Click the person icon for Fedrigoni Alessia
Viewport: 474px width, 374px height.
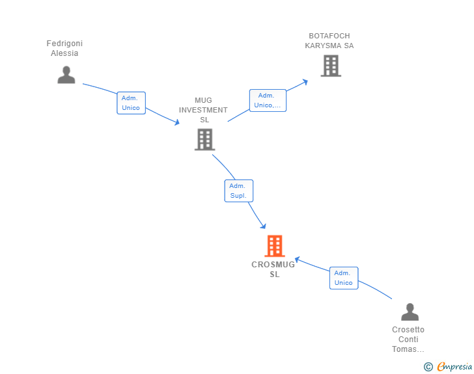click(x=66, y=75)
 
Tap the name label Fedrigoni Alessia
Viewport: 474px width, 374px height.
click(x=64, y=49)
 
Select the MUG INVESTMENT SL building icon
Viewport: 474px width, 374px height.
click(x=204, y=139)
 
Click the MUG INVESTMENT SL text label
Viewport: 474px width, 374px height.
click(x=203, y=110)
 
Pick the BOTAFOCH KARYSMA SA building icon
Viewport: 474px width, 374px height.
click(x=331, y=66)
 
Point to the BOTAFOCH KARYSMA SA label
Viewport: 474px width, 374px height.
click(x=329, y=41)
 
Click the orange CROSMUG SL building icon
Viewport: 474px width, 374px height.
click(x=275, y=246)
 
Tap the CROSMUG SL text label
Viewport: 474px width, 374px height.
click(x=273, y=269)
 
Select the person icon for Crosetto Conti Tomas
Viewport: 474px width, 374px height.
click(x=410, y=312)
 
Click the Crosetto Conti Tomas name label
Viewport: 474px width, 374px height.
click(x=408, y=340)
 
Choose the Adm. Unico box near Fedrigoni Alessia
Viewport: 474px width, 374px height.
click(x=131, y=103)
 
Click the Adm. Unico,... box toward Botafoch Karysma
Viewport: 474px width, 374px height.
click(x=268, y=100)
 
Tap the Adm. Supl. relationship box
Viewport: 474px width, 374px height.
click(x=238, y=191)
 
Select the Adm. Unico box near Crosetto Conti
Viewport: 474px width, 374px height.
click(x=343, y=278)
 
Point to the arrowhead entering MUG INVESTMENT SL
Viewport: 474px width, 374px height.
click(x=176, y=122)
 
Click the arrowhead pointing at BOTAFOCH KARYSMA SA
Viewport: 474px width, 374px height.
click(x=305, y=82)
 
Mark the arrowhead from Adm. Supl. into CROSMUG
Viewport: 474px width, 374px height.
click(x=263, y=226)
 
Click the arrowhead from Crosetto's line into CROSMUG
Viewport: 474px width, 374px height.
click(x=297, y=260)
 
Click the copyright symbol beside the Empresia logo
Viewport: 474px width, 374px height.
click(x=428, y=367)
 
